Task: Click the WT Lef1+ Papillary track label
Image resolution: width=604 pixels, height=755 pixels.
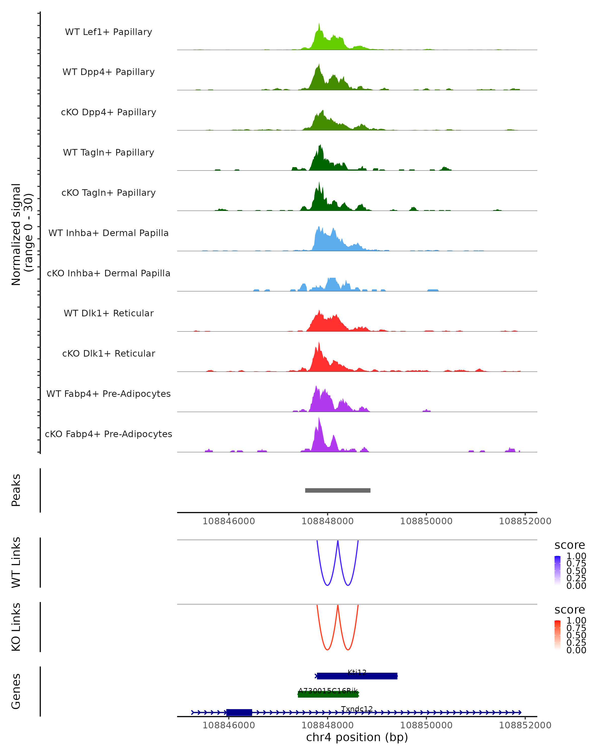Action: point(108,32)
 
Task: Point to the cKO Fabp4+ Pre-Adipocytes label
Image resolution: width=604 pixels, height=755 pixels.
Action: point(108,434)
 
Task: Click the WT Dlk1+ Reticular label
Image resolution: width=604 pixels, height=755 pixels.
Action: point(108,313)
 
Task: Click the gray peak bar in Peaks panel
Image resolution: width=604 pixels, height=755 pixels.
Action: point(337,490)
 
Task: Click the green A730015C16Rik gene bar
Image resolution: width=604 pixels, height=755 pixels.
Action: point(328,694)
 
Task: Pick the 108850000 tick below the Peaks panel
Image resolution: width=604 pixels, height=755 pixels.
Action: point(426,521)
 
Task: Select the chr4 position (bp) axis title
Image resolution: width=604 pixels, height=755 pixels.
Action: point(357,737)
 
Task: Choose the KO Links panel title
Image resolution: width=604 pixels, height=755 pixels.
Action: point(16,627)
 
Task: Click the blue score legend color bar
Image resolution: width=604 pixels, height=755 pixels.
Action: point(557,570)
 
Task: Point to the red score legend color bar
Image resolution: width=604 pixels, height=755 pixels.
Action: point(557,634)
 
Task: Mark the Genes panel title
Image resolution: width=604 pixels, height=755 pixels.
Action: point(16,691)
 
